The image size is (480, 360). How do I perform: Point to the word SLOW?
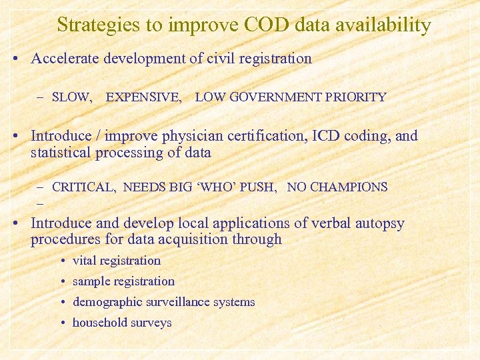coord(72,97)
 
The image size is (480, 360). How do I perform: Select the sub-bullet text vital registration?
coord(117,261)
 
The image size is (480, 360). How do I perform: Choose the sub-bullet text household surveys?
coord(122,323)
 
